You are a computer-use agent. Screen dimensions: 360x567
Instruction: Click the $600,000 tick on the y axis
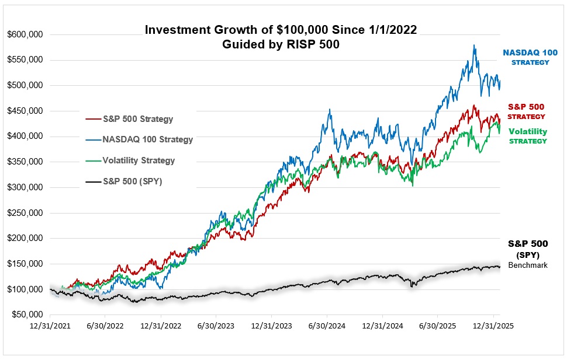[25, 34]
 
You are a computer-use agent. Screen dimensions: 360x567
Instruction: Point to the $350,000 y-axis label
[25, 162]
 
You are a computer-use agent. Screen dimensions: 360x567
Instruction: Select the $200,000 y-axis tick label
[25, 239]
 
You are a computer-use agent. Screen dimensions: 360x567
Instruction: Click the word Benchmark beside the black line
[527, 265]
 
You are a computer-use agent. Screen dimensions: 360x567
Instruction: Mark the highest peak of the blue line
[473, 45]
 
